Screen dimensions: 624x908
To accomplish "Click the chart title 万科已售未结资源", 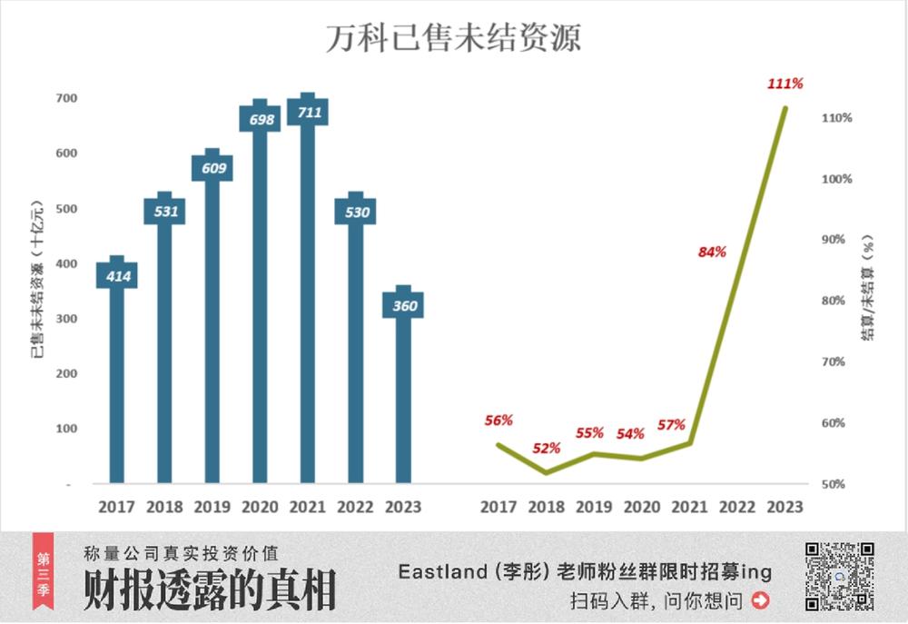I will [x=453, y=38].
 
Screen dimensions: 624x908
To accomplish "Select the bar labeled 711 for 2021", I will [x=308, y=300].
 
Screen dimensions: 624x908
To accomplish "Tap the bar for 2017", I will [x=116, y=381].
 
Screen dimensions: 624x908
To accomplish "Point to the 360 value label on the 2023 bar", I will [x=404, y=305].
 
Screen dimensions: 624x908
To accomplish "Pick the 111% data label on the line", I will [x=785, y=84].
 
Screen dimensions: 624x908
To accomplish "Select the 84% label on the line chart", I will [x=712, y=252].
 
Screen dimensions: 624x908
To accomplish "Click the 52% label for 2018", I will [x=547, y=448].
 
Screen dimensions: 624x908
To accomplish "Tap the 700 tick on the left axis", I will [x=66, y=98].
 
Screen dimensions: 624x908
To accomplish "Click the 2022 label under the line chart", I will [x=737, y=507].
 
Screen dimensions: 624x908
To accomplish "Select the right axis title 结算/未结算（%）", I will [x=869, y=288].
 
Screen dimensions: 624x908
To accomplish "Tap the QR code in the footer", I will [x=840, y=576].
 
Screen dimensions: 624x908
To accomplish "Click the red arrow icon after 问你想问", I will [x=761, y=600].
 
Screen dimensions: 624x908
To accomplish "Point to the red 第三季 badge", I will [x=42, y=576].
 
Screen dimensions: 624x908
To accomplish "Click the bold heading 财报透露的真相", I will [x=210, y=590].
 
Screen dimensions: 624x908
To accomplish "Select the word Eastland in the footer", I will [x=437, y=571].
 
